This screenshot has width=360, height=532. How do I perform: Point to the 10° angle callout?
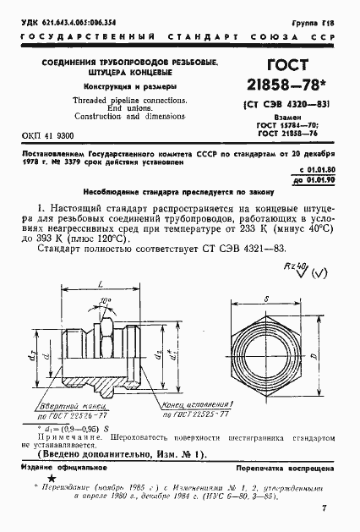[x=125, y=300]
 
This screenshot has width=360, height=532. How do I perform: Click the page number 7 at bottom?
[x=324, y=508]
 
